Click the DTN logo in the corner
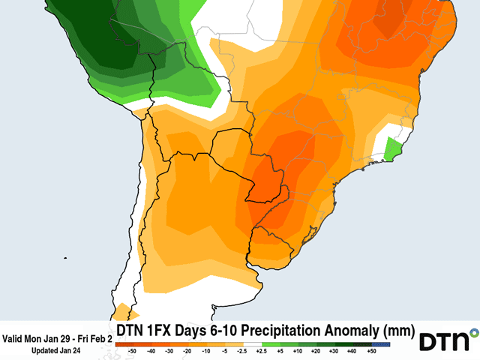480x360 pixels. coord(448,341)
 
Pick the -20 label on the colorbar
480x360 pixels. coord(187,349)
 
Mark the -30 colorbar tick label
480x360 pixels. coord(169,349)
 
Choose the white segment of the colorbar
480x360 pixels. coord(251,343)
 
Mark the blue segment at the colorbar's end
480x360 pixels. coord(382,343)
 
